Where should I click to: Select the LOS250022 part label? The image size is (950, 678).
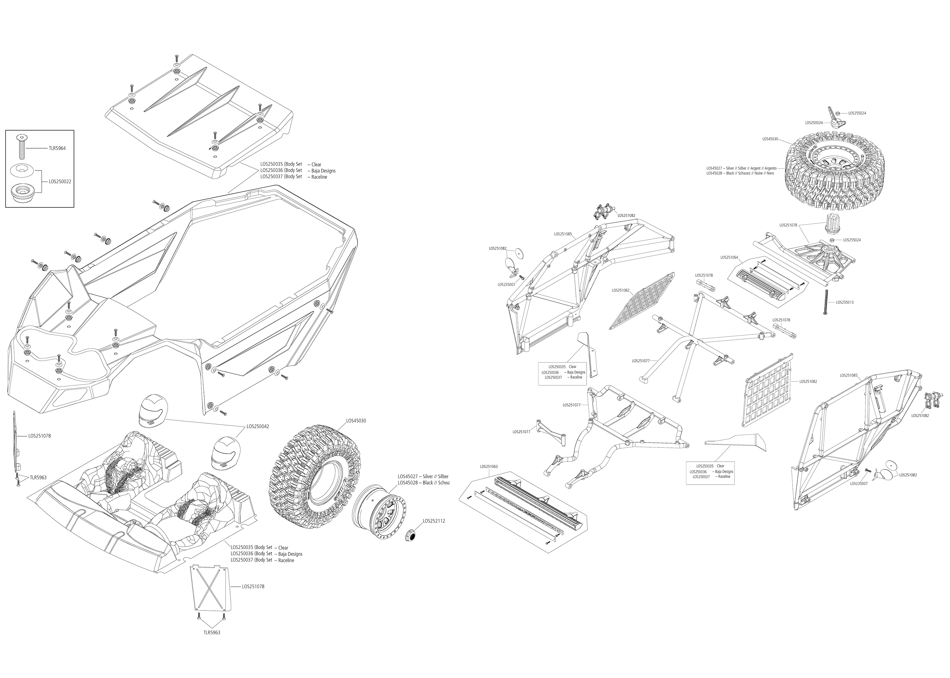[x=60, y=182]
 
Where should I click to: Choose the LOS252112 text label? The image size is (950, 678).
[x=434, y=521]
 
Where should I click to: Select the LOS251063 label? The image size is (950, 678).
[x=488, y=466]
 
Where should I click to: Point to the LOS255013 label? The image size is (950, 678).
[x=844, y=302]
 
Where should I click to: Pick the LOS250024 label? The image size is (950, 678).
[x=814, y=123]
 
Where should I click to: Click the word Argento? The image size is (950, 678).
[x=770, y=168]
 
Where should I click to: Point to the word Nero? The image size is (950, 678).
[x=770, y=173]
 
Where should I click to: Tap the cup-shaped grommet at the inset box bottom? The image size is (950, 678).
[x=21, y=193]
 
